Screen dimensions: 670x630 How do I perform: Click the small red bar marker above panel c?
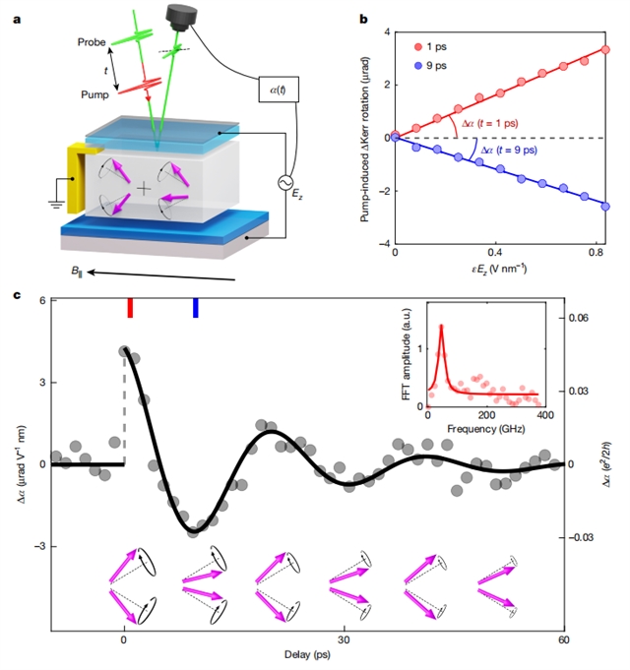click(x=130, y=308)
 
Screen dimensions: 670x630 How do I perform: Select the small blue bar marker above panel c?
click(x=195, y=308)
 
